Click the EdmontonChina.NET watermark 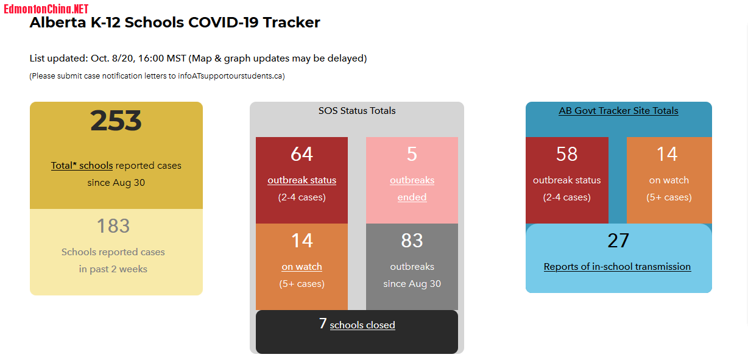(46, 9)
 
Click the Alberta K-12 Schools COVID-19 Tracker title (175, 23)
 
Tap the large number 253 (116, 121)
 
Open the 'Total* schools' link (82, 165)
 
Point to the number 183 (113, 226)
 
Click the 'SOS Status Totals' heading (357, 110)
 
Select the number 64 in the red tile (302, 154)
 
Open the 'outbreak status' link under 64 (302, 180)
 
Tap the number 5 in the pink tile (412, 154)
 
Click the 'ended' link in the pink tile (412, 197)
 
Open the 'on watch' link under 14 (302, 266)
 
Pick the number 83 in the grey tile (412, 241)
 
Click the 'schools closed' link (362, 325)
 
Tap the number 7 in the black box (323, 323)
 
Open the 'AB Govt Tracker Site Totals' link (618, 110)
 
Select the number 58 (566, 154)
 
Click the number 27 (618, 241)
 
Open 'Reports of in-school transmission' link (617, 266)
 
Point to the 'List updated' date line (198, 58)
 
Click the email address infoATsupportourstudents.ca (230, 76)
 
